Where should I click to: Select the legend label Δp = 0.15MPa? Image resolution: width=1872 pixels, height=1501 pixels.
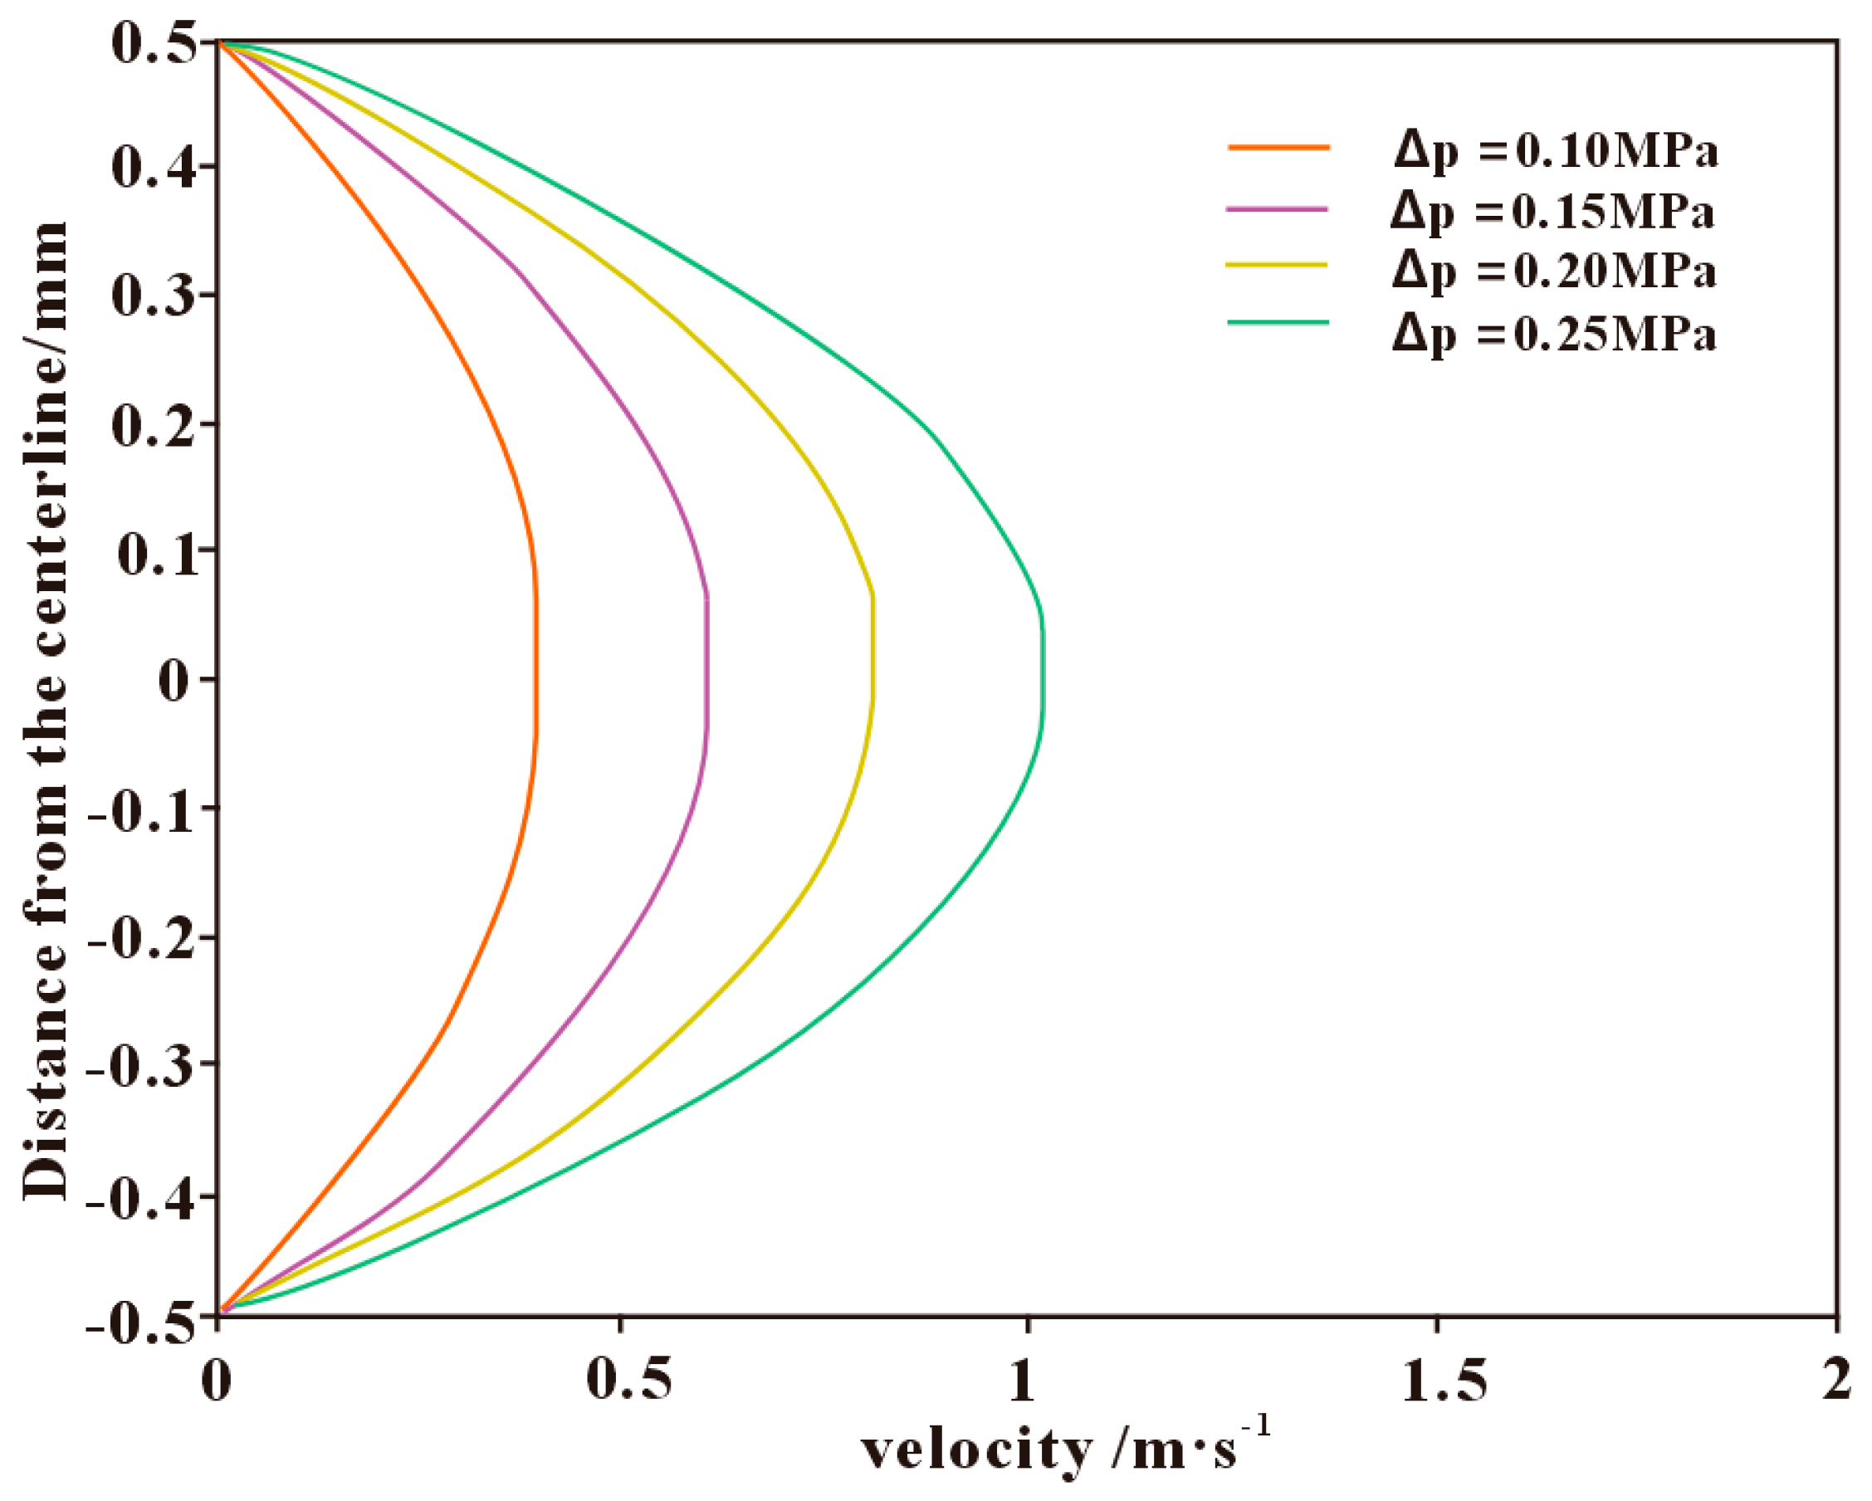tap(1552, 212)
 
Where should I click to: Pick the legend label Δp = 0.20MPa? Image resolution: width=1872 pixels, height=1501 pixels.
tap(1554, 271)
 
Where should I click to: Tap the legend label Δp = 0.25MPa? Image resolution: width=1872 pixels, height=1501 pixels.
tap(1554, 334)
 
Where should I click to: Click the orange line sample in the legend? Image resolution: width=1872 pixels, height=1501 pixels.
tap(1278, 149)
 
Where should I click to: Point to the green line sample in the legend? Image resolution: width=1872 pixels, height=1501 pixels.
tap(1278, 323)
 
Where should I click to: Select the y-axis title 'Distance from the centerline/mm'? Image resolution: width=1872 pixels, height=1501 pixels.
tap(45, 711)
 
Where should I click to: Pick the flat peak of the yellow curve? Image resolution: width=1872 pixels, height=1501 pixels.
tap(872, 647)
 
